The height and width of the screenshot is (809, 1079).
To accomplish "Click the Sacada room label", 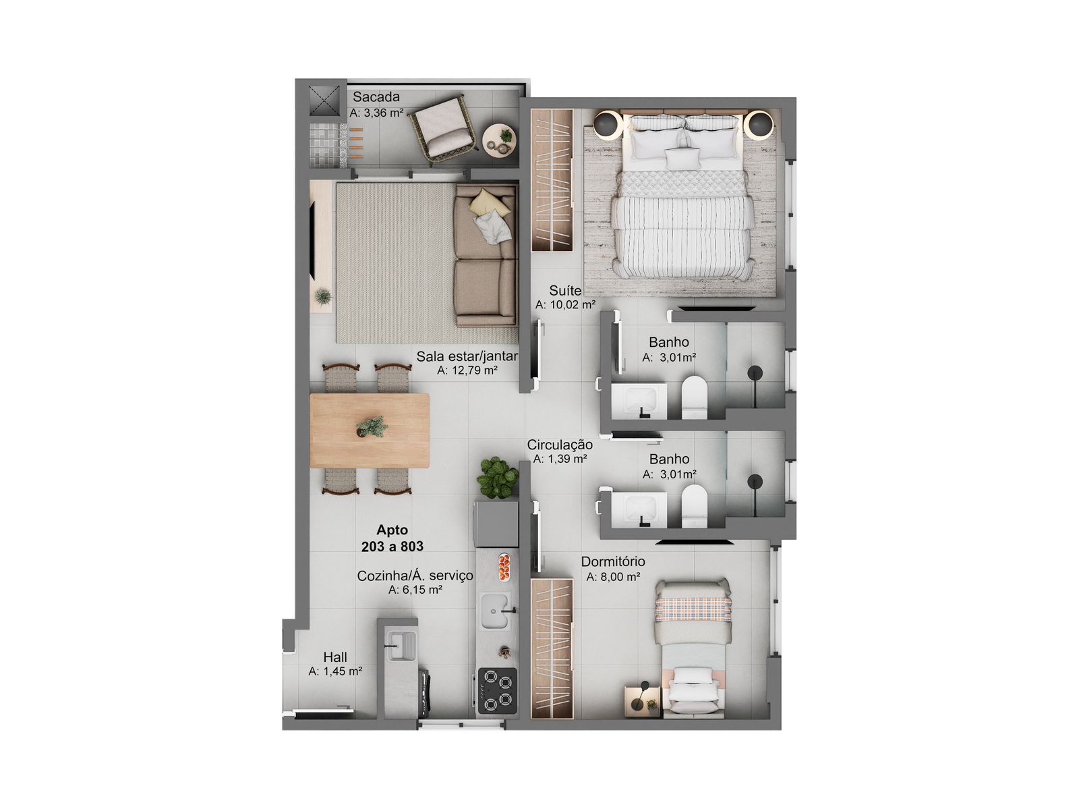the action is (376, 97).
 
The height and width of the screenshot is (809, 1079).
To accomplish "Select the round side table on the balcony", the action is (499, 140).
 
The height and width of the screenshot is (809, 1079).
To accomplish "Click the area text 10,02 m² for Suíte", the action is (565, 305).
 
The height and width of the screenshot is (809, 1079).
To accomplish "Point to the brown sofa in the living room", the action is (485, 255).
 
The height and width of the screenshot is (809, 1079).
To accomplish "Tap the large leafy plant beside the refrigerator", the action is (498, 478).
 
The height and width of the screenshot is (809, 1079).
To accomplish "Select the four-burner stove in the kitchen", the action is (498, 690).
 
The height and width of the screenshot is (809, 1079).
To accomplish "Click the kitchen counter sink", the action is (495, 611).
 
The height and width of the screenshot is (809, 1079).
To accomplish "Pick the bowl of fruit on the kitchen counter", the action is (504, 567).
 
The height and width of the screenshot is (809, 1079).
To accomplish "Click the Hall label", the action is (335, 657).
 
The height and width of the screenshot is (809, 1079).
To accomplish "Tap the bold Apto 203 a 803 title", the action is (392, 538).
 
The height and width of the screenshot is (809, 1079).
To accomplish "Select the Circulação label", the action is (560, 445).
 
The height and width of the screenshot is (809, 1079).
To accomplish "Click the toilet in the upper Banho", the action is (694, 398).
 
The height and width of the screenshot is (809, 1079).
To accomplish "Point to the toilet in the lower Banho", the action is (694, 506).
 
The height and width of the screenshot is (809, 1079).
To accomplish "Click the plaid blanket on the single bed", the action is (693, 609).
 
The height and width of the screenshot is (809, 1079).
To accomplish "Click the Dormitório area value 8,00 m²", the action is (613, 577).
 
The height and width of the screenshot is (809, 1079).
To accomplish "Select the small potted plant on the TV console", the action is (323, 297).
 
